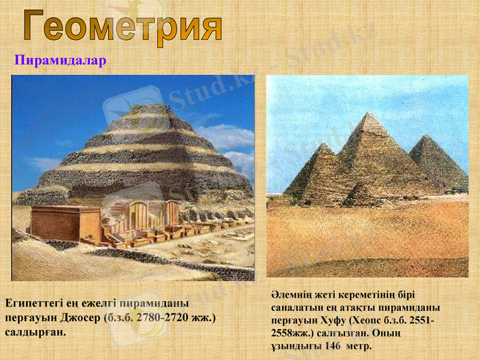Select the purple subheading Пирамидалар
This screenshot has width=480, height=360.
tap(60, 61)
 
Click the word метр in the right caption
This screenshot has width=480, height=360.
tap(359, 346)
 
